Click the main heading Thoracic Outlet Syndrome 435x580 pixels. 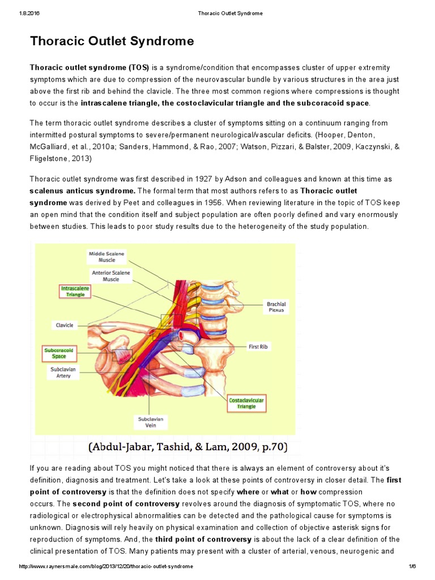tap(112, 41)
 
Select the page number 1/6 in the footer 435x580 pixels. tap(412, 566)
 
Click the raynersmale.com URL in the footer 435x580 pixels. tap(106, 566)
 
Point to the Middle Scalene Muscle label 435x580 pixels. tap(106, 257)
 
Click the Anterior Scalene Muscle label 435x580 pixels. tap(111, 276)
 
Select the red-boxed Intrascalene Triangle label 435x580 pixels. tap(75, 291)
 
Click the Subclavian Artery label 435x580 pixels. tap(63, 372)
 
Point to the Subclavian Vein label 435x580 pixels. tap(151, 422)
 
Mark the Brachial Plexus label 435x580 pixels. tap(276, 307)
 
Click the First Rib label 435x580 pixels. tap(258, 347)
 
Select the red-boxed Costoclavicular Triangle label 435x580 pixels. tap(246, 403)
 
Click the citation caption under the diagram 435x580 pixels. tap(188, 447)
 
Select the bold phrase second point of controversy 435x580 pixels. tap(126, 504)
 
